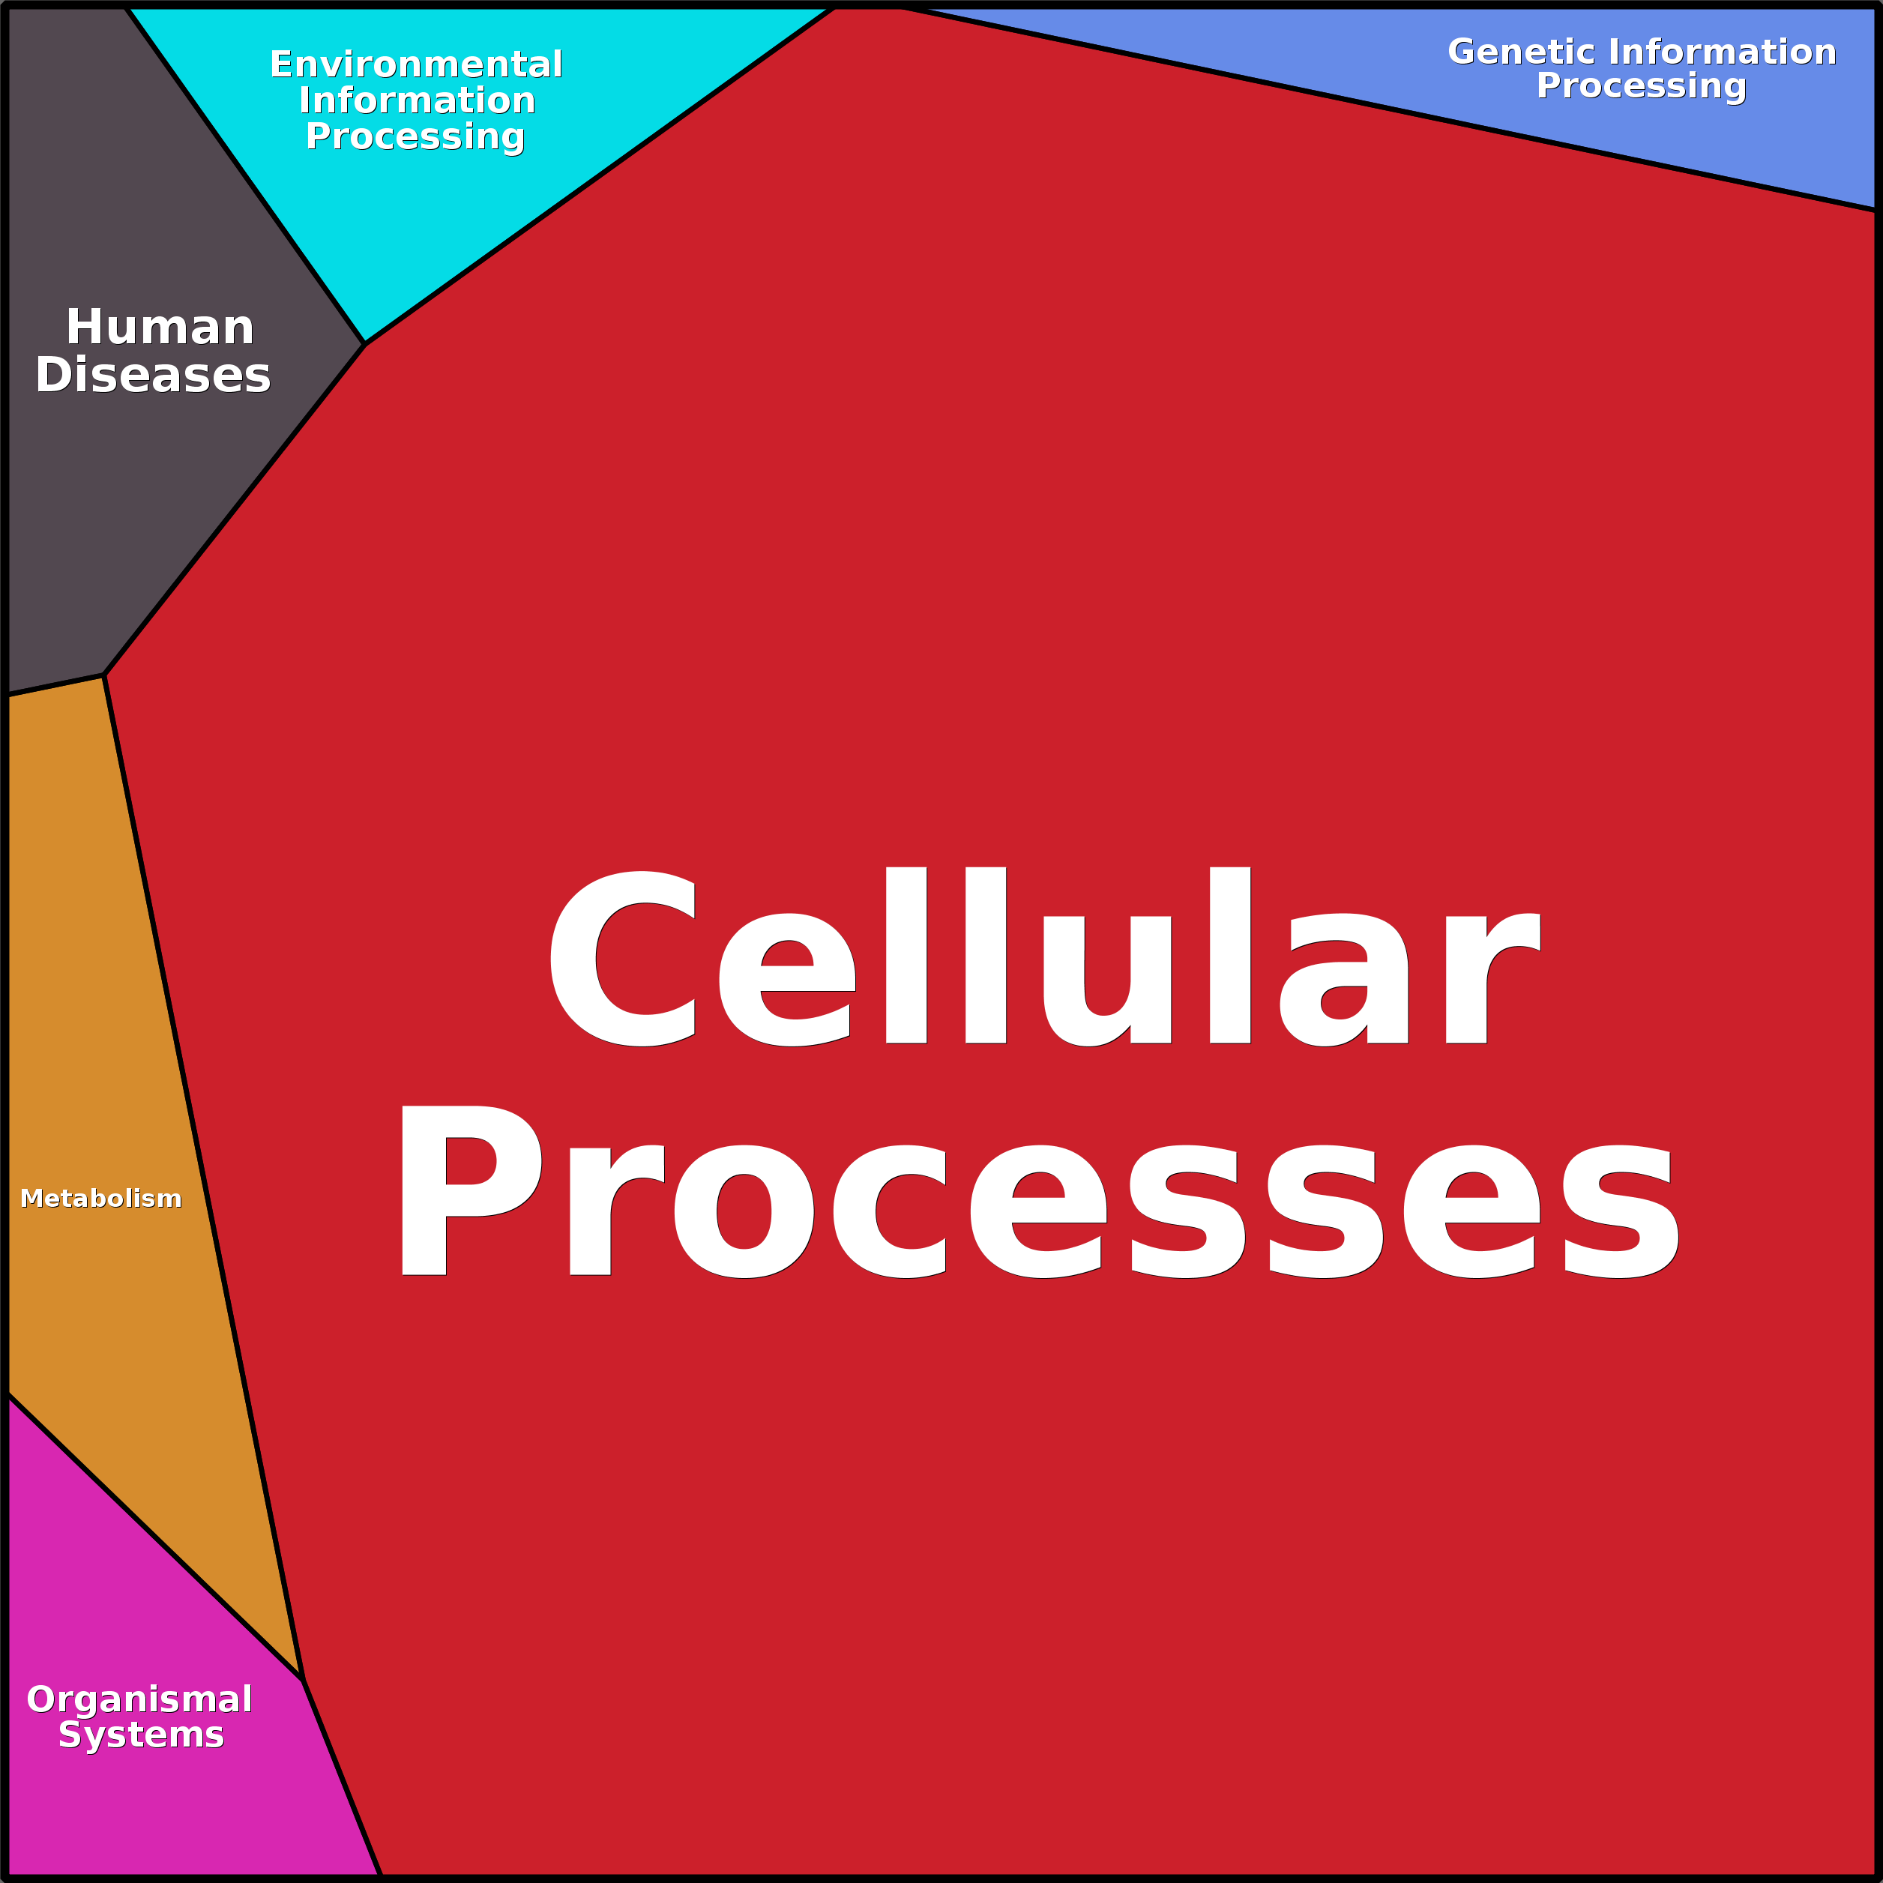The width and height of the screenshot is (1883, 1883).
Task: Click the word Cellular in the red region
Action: pyautogui.click(x=1045, y=956)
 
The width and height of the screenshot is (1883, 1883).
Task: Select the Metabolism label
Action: pyautogui.click(x=100, y=1198)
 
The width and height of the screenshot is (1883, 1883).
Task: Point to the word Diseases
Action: pyautogui.click(x=153, y=376)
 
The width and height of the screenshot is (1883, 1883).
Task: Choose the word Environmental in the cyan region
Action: pyautogui.click(x=416, y=64)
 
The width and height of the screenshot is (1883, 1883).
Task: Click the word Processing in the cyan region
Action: pyautogui.click(x=415, y=137)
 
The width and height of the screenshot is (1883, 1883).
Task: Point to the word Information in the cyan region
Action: pyautogui.click(x=417, y=100)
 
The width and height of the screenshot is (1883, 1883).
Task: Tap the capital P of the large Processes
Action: pyautogui.click(x=471, y=1190)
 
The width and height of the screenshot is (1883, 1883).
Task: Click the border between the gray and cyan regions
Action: pyautogui.click(x=246, y=175)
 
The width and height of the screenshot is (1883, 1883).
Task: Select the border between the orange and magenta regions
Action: pyautogui.click(x=154, y=1537)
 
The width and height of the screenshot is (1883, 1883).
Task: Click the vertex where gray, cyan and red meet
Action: pyautogui.click(x=364, y=344)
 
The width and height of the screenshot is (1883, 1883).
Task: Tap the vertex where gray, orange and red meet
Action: pyautogui.click(x=104, y=675)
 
